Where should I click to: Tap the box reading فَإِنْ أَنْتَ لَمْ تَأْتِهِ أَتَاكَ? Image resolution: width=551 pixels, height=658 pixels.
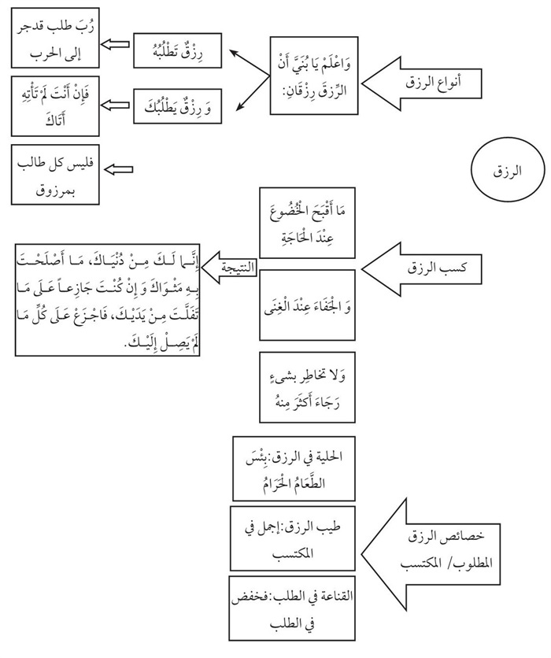[x=53, y=106]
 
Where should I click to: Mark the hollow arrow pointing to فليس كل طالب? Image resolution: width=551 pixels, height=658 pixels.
[x=120, y=169]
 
